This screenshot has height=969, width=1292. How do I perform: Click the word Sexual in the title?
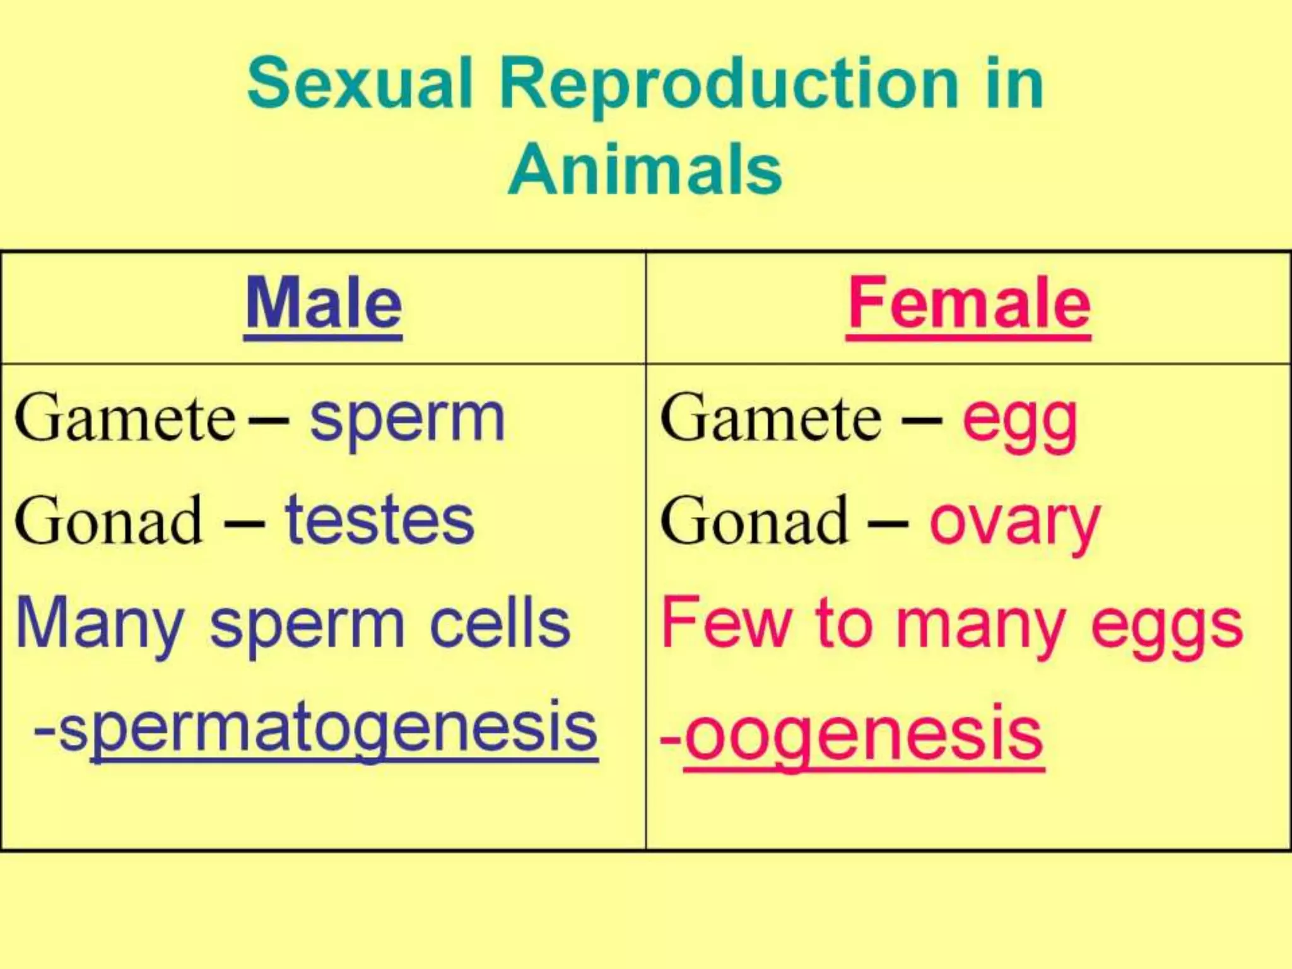pyautogui.click(x=360, y=84)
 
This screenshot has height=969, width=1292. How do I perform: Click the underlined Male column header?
pyautogui.click(x=323, y=304)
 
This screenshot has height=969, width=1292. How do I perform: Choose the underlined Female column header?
pyautogui.click(x=969, y=304)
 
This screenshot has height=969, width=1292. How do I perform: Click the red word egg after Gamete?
pyautogui.click(x=1019, y=421)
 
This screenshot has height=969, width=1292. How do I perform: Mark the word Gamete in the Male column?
pyautogui.click(x=125, y=418)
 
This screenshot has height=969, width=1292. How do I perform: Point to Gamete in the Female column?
pyautogui.click(x=770, y=418)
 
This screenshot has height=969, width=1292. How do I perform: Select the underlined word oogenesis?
pyautogui.click(x=864, y=735)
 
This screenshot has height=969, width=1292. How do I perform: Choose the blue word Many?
pyautogui.click(x=100, y=625)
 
